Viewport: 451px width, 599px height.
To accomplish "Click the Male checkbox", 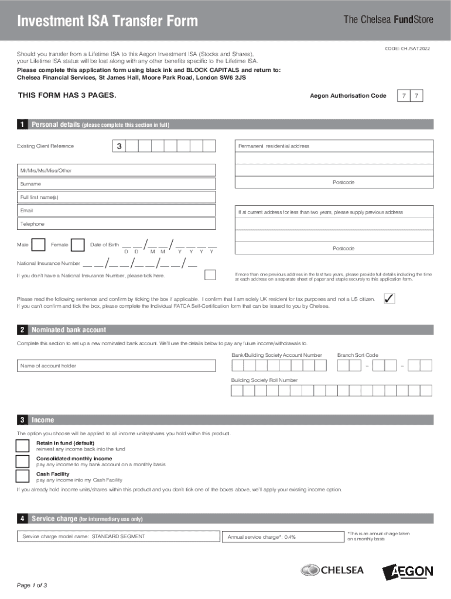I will click(x=39, y=245).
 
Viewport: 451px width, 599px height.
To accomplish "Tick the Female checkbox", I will click(x=78, y=245).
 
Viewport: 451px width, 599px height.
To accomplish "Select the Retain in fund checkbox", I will click(x=23, y=446).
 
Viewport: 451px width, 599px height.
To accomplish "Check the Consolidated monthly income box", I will click(x=23, y=461).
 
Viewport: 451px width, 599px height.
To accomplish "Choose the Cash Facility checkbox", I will click(x=23, y=476).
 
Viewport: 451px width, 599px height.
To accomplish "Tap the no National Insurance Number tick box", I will click(x=210, y=275).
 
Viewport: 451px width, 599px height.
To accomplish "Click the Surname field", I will click(x=117, y=184).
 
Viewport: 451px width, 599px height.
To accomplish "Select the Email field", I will click(x=117, y=211).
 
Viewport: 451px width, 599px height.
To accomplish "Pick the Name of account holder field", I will click(x=117, y=366).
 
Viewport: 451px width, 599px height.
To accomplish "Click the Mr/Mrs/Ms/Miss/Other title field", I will click(x=117, y=170).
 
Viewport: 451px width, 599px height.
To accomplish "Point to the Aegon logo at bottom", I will click(x=408, y=572).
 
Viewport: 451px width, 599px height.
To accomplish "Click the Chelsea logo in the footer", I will click(x=332, y=570).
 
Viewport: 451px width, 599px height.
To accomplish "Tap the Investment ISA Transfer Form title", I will click(x=107, y=22).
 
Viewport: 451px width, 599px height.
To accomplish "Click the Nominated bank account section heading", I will click(x=69, y=330).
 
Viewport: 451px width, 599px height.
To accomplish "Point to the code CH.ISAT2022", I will click(x=407, y=49).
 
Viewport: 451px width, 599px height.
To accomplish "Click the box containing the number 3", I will click(x=118, y=146).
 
